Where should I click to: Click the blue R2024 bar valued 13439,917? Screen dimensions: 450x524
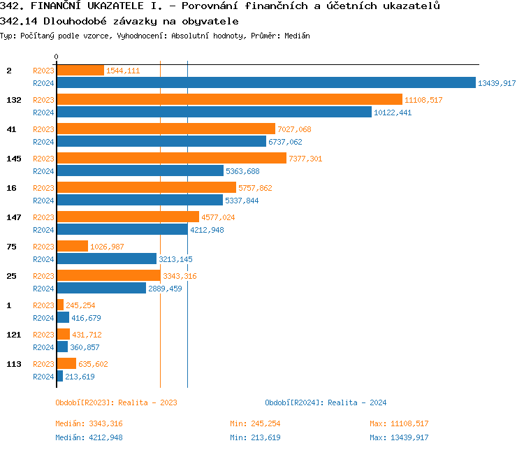[265, 83]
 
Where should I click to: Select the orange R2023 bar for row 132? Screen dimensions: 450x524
[229, 100]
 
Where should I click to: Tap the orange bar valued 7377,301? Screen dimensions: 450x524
[171, 159]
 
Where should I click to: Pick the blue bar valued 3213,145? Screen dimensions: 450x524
[106, 259]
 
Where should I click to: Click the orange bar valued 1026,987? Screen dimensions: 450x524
[72, 247]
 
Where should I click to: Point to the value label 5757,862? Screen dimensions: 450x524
[255, 188]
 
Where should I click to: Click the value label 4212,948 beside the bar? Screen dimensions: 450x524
[207, 230]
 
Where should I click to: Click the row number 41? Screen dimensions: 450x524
[11, 129]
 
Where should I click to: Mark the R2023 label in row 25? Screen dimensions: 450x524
[43, 276]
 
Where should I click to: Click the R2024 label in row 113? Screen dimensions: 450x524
[43, 377]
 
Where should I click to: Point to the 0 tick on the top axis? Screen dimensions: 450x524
[57, 57]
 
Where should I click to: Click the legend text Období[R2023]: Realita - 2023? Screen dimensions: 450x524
[116, 402]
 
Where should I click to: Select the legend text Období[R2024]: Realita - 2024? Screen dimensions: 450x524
[326, 402]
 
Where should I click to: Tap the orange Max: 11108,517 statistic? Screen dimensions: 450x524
[399, 423]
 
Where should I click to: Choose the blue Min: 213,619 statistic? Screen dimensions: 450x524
[255, 437]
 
